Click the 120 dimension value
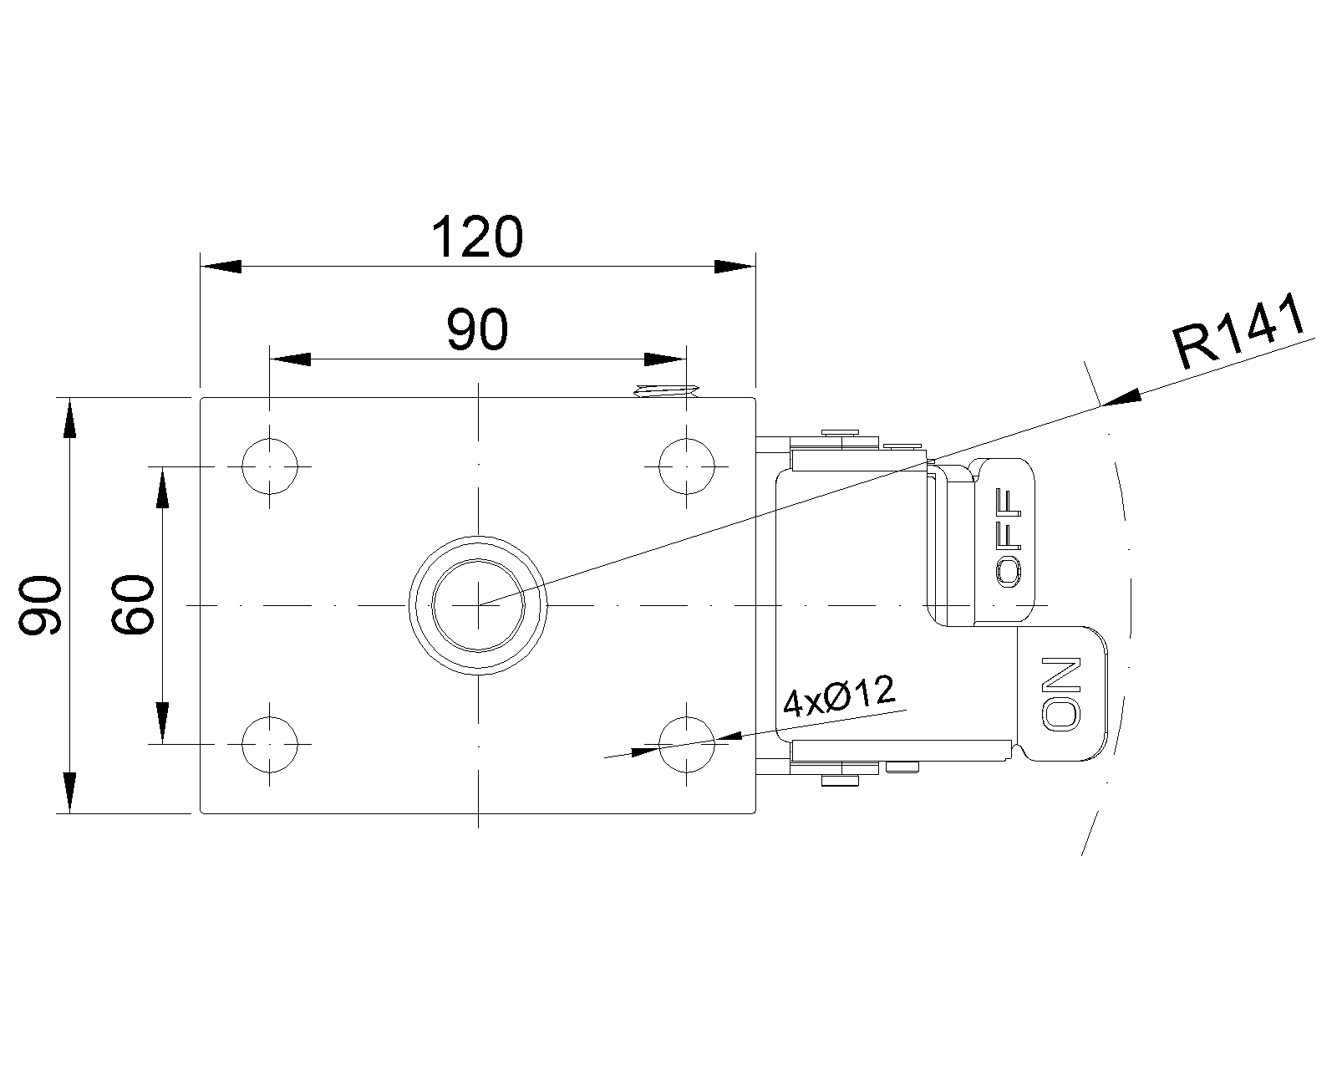pos(477,237)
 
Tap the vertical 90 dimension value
pos(40,605)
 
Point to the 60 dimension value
pos(132,605)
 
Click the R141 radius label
pos(1239,332)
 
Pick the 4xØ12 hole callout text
pos(839,695)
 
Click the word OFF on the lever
pos(1008,538)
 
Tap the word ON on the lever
pos(1061,693)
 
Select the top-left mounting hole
pos(270,466)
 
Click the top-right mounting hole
pos(687,466)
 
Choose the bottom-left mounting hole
pos(270,744)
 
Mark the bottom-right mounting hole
pos(687,744)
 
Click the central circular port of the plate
pos(478,605)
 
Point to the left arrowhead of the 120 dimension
pos(221,266)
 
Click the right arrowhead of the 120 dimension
pos(735,266)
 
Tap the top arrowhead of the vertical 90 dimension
pos(69,418)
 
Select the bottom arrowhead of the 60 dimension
pos(162,723)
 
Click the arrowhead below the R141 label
pos(1121,398)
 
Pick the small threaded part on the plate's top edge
pos(666,390)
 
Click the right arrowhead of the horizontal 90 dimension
pos(665,359)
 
